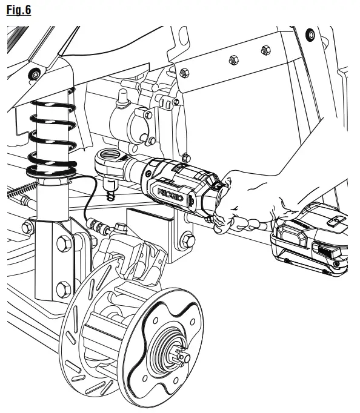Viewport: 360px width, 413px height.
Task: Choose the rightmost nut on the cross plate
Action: click(x=264, y=50)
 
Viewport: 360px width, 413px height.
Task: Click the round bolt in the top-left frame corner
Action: click(x=35, y=74)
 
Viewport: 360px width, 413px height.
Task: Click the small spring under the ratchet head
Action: click(x=110, y=195)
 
